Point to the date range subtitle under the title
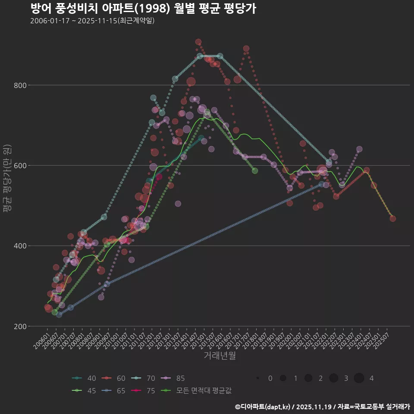click(x=92, y=21)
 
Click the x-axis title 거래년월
click(x=220, y=356)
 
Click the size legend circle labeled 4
click(x=359, y=378)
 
